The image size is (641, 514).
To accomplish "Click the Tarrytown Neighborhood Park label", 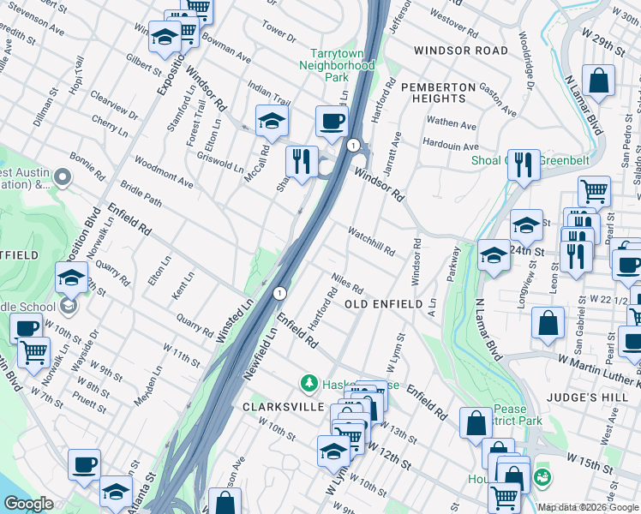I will coord(342,63).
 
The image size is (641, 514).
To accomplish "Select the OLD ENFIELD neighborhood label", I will coord(383,304).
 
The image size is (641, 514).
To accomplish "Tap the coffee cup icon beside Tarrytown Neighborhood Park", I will coord(331,122).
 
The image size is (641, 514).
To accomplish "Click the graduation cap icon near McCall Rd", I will coord(272,122).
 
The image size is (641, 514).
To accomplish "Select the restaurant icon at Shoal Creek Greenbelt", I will coord(524,164).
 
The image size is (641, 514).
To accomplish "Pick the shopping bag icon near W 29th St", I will coord(599,83).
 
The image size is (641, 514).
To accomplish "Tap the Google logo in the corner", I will coord(27,504).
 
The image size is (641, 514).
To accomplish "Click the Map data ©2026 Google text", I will coord(589,507).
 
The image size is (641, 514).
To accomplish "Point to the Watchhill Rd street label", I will coord(371,242).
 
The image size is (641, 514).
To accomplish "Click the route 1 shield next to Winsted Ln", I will coord(279,293).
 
